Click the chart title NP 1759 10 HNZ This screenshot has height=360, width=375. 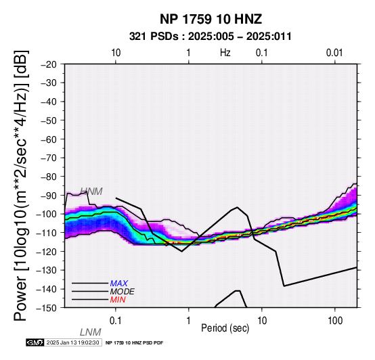pos(211,19)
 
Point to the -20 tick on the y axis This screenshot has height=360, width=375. pos(49,65)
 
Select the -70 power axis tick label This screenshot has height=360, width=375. pos(49,158)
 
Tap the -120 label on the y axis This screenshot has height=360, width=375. pos(47,252)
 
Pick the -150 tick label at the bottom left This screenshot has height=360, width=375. pos(47,308)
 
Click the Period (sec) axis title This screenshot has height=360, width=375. pos(225,328)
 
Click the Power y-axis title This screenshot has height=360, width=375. pos(21,185)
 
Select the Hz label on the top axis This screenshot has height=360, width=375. pos(225,53)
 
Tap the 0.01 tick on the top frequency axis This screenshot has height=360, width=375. pos(334,53)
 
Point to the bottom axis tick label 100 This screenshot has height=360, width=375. pos(335,321)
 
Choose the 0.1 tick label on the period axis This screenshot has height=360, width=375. pos(116,321)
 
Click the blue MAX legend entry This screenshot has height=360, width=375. pos(119,284)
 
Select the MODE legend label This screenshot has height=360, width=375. pos(123,292)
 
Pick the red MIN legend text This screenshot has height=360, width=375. pos(118,300)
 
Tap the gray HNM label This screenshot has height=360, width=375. pos(91,192)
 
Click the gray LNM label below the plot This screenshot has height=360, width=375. pos(91,332)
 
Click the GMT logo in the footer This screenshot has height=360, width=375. pos(35,342)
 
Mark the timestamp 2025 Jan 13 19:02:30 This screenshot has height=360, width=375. pos(72,342)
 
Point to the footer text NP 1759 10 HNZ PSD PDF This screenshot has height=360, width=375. pos(135,343)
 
